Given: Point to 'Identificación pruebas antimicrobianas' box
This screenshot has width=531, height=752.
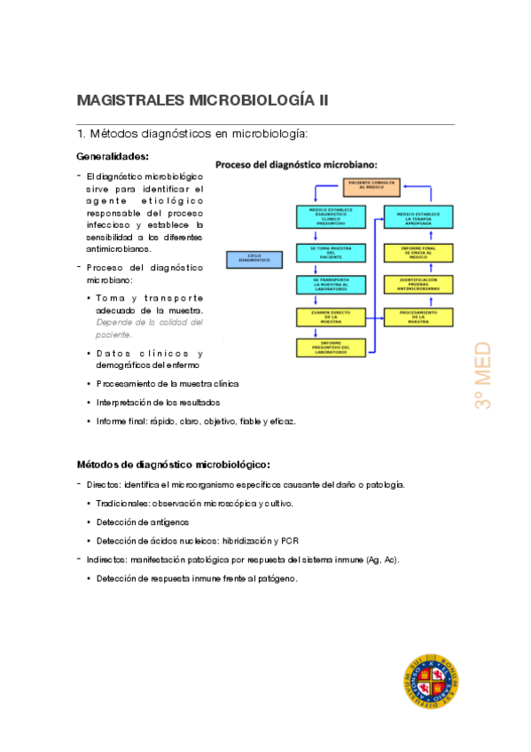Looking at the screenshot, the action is point(418,284).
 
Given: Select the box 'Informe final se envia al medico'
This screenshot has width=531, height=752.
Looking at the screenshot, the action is point(418,252).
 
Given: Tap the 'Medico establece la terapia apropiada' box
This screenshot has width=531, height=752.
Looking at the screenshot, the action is point(418,216).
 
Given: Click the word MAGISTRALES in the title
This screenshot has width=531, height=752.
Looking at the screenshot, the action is point(131,100).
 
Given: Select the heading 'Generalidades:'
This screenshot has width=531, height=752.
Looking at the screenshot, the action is point(112,157).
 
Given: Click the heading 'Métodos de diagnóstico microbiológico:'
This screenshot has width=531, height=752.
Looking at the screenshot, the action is point(173,464).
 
